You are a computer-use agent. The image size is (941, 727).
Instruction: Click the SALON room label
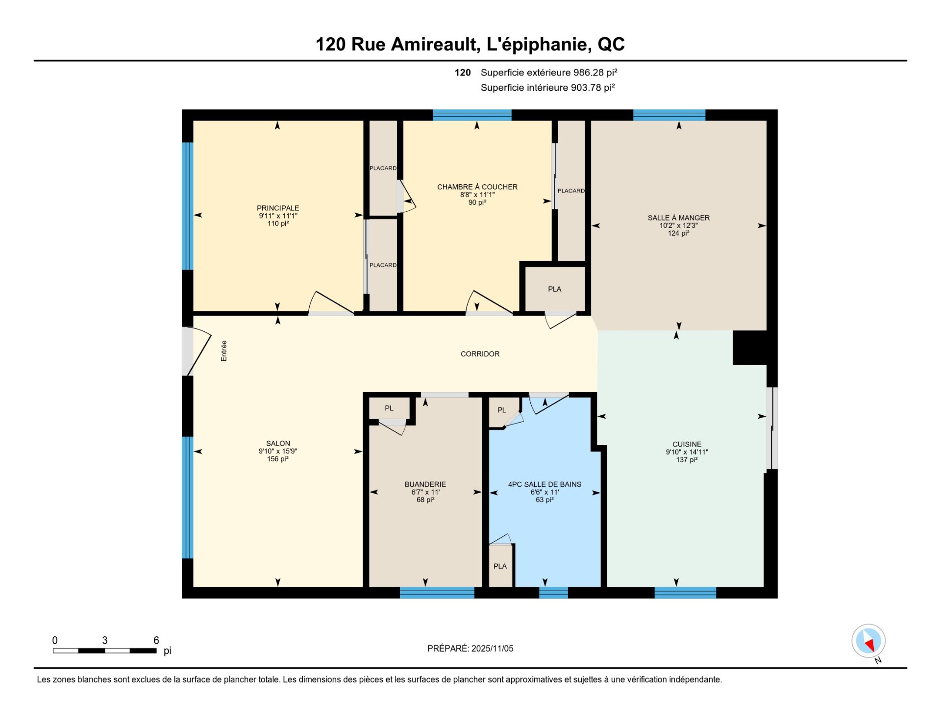(278, 443)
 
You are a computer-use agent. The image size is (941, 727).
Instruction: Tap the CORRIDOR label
(480, 354)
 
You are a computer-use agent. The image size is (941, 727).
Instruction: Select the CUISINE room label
(687, 444)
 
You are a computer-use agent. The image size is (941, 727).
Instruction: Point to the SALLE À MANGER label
(678, 218)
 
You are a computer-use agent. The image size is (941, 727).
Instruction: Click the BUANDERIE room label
(425, 484)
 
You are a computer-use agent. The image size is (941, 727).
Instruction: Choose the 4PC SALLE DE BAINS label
(545, 484)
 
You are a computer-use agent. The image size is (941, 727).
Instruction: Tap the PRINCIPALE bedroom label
(278, 208)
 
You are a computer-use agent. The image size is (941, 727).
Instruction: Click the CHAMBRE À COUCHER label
(477, 187)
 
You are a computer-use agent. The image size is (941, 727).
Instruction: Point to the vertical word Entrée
(224, 351)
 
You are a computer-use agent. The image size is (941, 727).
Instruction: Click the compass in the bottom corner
(868, 641)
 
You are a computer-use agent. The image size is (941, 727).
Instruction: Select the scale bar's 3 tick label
(105, 640)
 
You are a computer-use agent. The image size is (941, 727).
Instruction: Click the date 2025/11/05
(492, 649)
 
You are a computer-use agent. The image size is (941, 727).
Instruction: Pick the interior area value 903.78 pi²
(593, 88)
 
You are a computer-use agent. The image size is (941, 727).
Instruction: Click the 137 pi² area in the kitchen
(687, 460)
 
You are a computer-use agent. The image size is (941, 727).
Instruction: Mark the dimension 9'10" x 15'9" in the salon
(278, 451)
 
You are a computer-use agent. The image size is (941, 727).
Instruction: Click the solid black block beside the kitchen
(750, 348)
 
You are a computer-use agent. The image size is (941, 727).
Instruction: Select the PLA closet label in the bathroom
(500, 566)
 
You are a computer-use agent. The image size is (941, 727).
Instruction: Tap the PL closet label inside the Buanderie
(389, 408)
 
